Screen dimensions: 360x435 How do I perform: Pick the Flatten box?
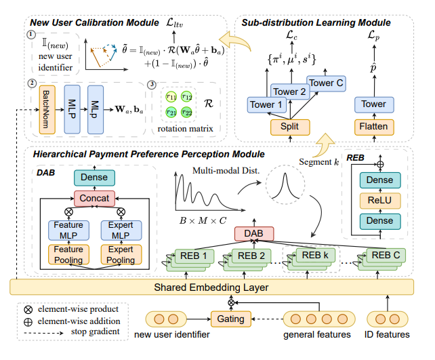[373, 125]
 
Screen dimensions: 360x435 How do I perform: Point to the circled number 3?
[152, 85]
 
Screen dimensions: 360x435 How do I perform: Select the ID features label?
[388, 334]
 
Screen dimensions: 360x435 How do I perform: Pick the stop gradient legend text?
[83, 332]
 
